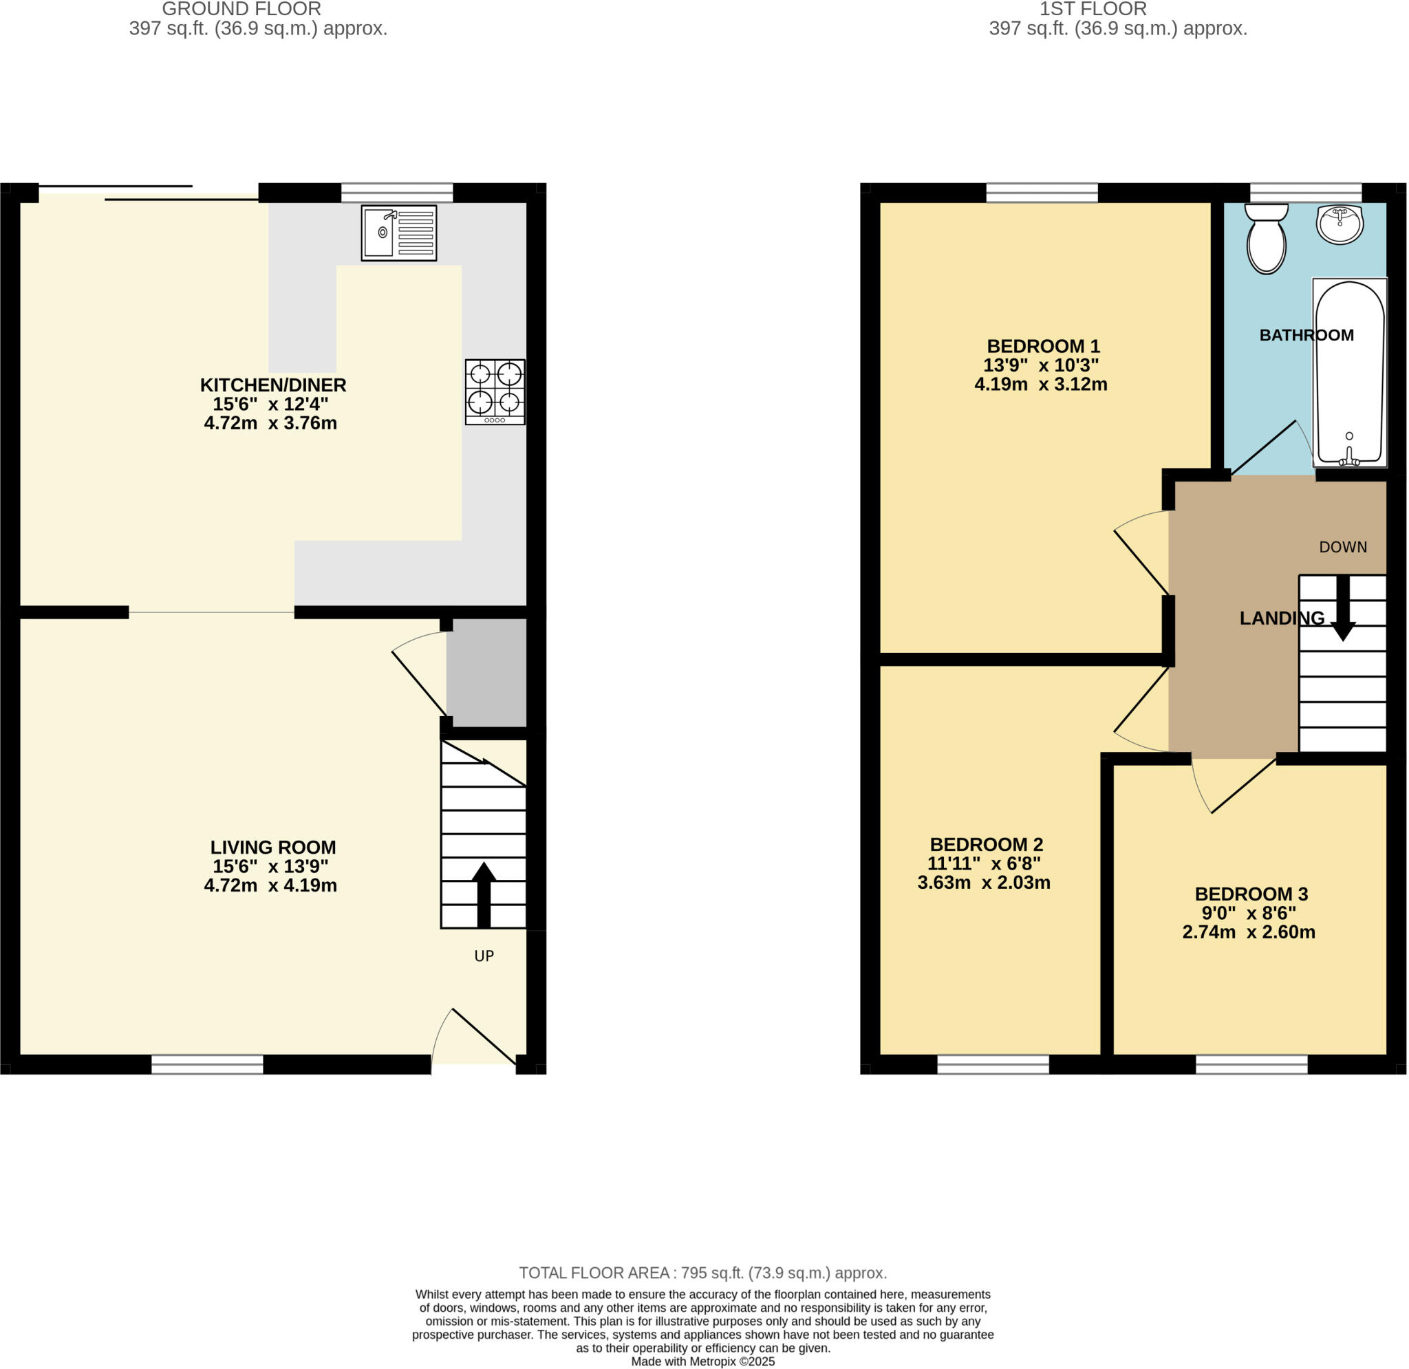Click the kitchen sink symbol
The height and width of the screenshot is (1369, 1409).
399,233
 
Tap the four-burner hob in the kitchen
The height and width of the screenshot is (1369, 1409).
495,392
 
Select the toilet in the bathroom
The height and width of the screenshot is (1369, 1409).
1267,239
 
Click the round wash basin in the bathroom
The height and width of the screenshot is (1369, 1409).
1340,224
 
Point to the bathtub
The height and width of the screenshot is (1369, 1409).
1349,371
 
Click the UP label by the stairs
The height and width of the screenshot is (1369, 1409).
484,956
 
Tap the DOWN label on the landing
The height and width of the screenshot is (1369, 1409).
1343,546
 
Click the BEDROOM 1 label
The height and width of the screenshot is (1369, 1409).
1043,346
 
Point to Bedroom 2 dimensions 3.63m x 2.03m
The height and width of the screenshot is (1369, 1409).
983,882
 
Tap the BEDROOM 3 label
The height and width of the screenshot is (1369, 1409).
1251,894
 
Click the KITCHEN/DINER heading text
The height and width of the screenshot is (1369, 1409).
273,385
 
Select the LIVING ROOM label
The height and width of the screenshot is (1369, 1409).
273,847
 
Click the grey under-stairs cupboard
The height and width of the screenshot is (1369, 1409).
486,672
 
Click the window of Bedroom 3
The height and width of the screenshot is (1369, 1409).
1251,1064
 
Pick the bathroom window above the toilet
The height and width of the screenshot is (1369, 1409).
1306,193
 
